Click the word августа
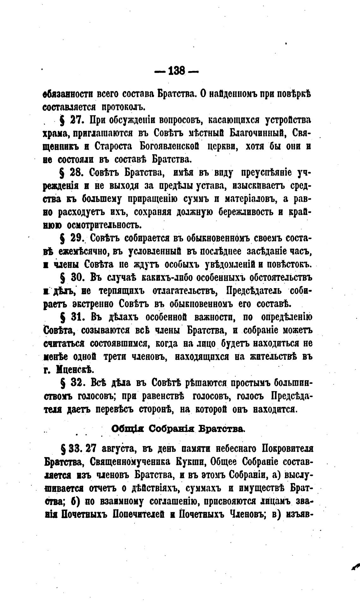[115, 449]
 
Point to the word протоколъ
[123, 107]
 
